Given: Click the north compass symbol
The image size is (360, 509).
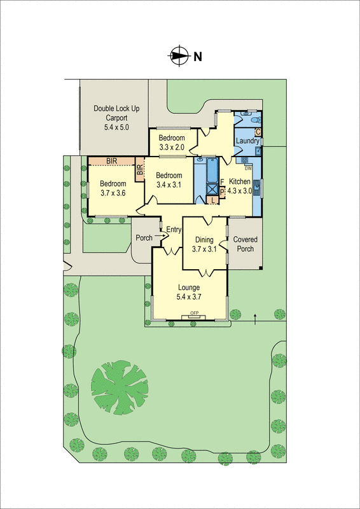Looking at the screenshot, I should (x=180, y=55).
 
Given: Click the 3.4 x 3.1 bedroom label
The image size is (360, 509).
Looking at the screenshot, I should (x=169, y=181).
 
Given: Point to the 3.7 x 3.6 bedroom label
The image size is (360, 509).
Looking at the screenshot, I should (x=113, y=190).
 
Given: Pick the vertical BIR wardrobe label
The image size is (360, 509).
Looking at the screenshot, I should (x=139, y=170).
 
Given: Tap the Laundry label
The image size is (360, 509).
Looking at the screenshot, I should (x=247, y=141).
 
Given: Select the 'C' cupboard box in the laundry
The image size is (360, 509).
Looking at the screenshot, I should (x=258, y=132).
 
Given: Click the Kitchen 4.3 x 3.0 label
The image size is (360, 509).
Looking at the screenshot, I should (x=240, y=185).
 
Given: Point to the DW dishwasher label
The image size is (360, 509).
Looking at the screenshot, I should (x=249, y=168).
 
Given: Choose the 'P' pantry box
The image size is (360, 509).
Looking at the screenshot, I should (x=222, y=190).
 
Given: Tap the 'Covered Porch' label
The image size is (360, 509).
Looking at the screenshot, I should (x=245, y=244).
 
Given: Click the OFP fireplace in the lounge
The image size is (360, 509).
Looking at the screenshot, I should (x=195, y=314).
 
